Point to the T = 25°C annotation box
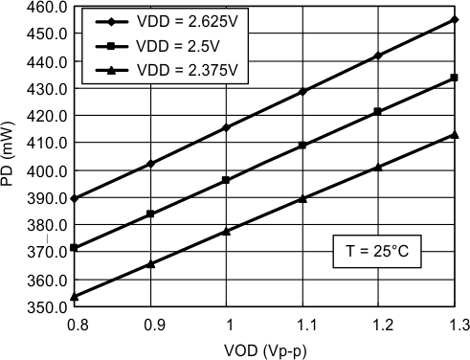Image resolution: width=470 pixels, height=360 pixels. pos(377,253)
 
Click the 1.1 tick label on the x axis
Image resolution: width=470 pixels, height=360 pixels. pos(302,326)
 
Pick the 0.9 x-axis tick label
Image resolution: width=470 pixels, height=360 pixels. pos(150,326)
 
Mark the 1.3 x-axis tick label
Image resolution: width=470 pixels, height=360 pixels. pos(454,326)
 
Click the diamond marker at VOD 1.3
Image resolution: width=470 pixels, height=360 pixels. pos(454,19)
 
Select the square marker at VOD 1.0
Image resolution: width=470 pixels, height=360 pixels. pos(226,180)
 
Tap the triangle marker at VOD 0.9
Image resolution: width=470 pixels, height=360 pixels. pos(150,263)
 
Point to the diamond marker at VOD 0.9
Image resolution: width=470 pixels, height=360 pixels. pos(150,164)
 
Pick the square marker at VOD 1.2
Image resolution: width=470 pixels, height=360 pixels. pos(378,112)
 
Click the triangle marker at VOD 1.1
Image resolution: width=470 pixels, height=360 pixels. pos(302,198)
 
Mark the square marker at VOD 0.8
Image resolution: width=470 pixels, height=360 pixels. pos(75,248)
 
